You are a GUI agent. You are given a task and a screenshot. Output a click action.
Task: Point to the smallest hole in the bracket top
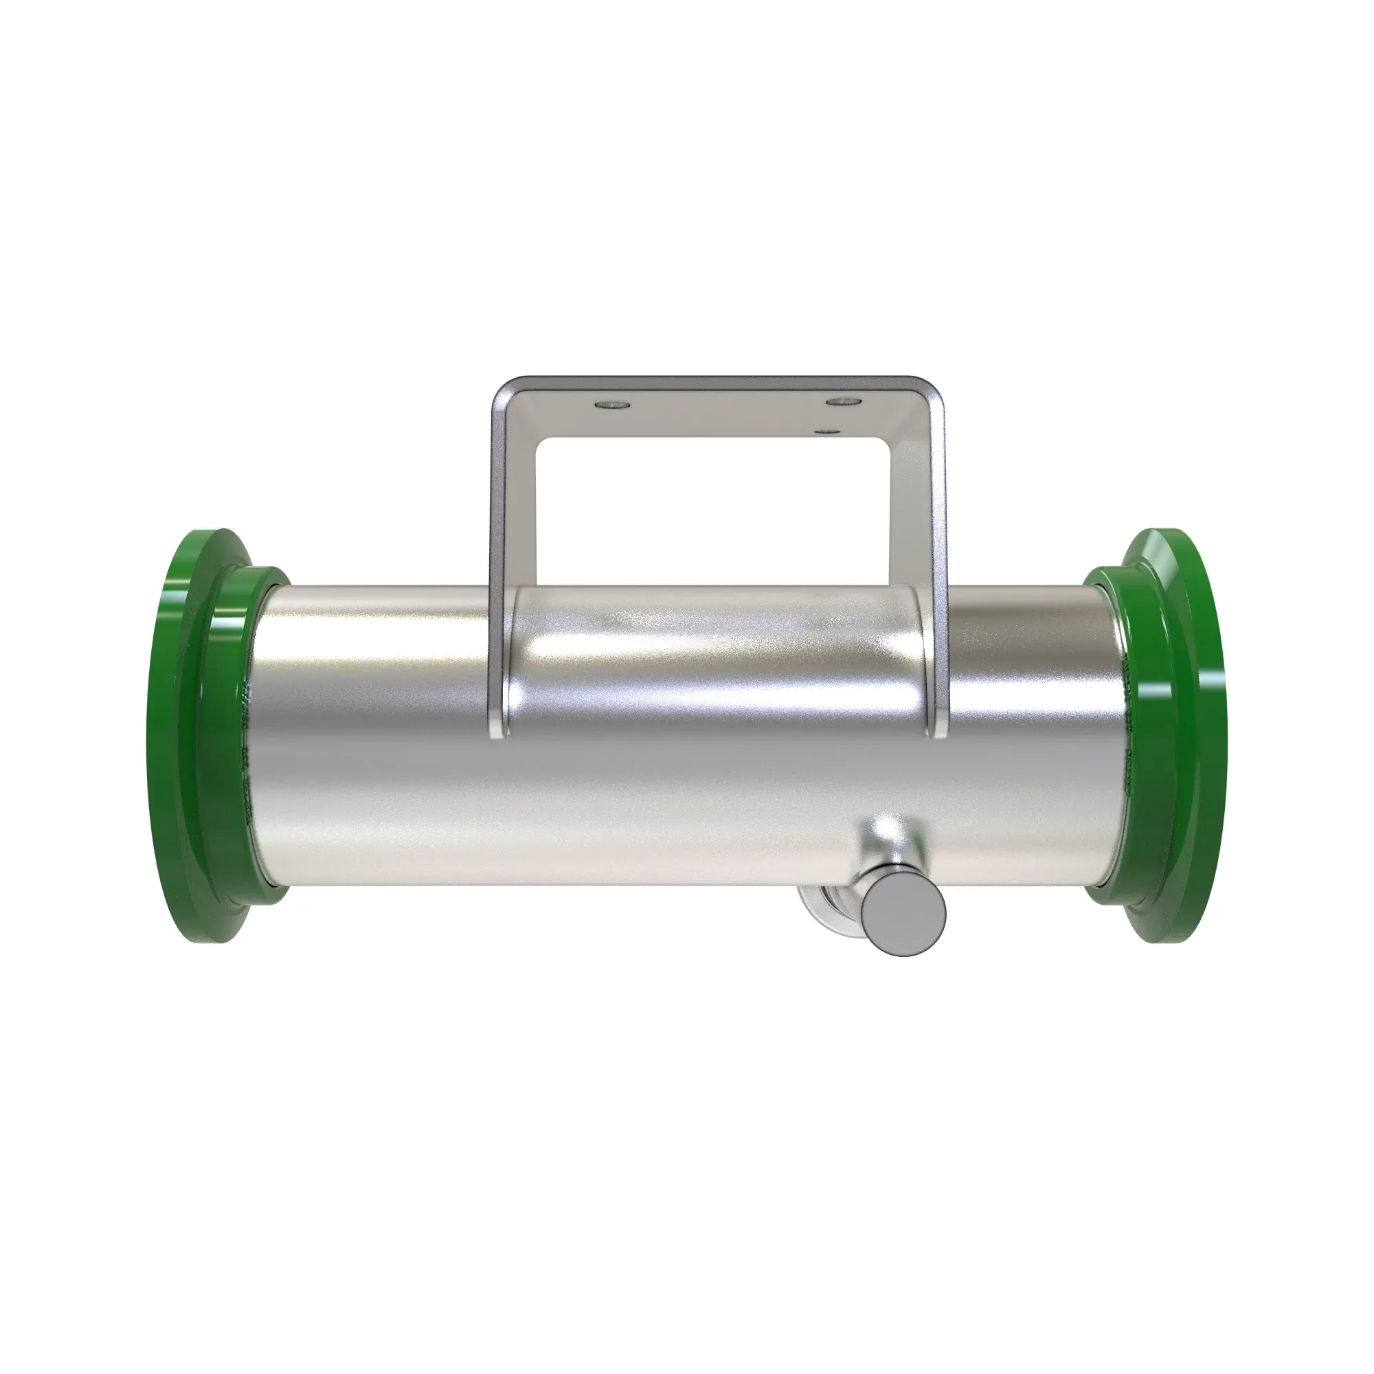[x=826, y=430]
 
